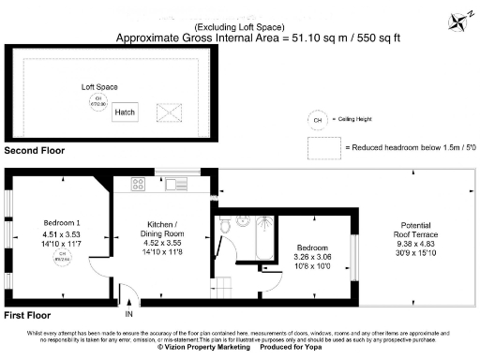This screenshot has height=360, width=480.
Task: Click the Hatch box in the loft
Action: (x=125, y=112)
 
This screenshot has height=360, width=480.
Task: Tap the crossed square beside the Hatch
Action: (x=170, y=112)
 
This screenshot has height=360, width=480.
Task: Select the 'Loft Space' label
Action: (x=99, y=87)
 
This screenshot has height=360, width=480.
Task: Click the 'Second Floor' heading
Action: (x=36, y=150)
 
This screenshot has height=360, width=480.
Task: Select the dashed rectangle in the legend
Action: (x=323, y=148)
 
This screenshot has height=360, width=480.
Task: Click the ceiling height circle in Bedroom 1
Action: (x=62, y=258)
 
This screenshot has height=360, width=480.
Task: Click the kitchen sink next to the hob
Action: (x=175, y=184)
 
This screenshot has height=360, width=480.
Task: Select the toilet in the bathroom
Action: (x=241, y=222)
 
